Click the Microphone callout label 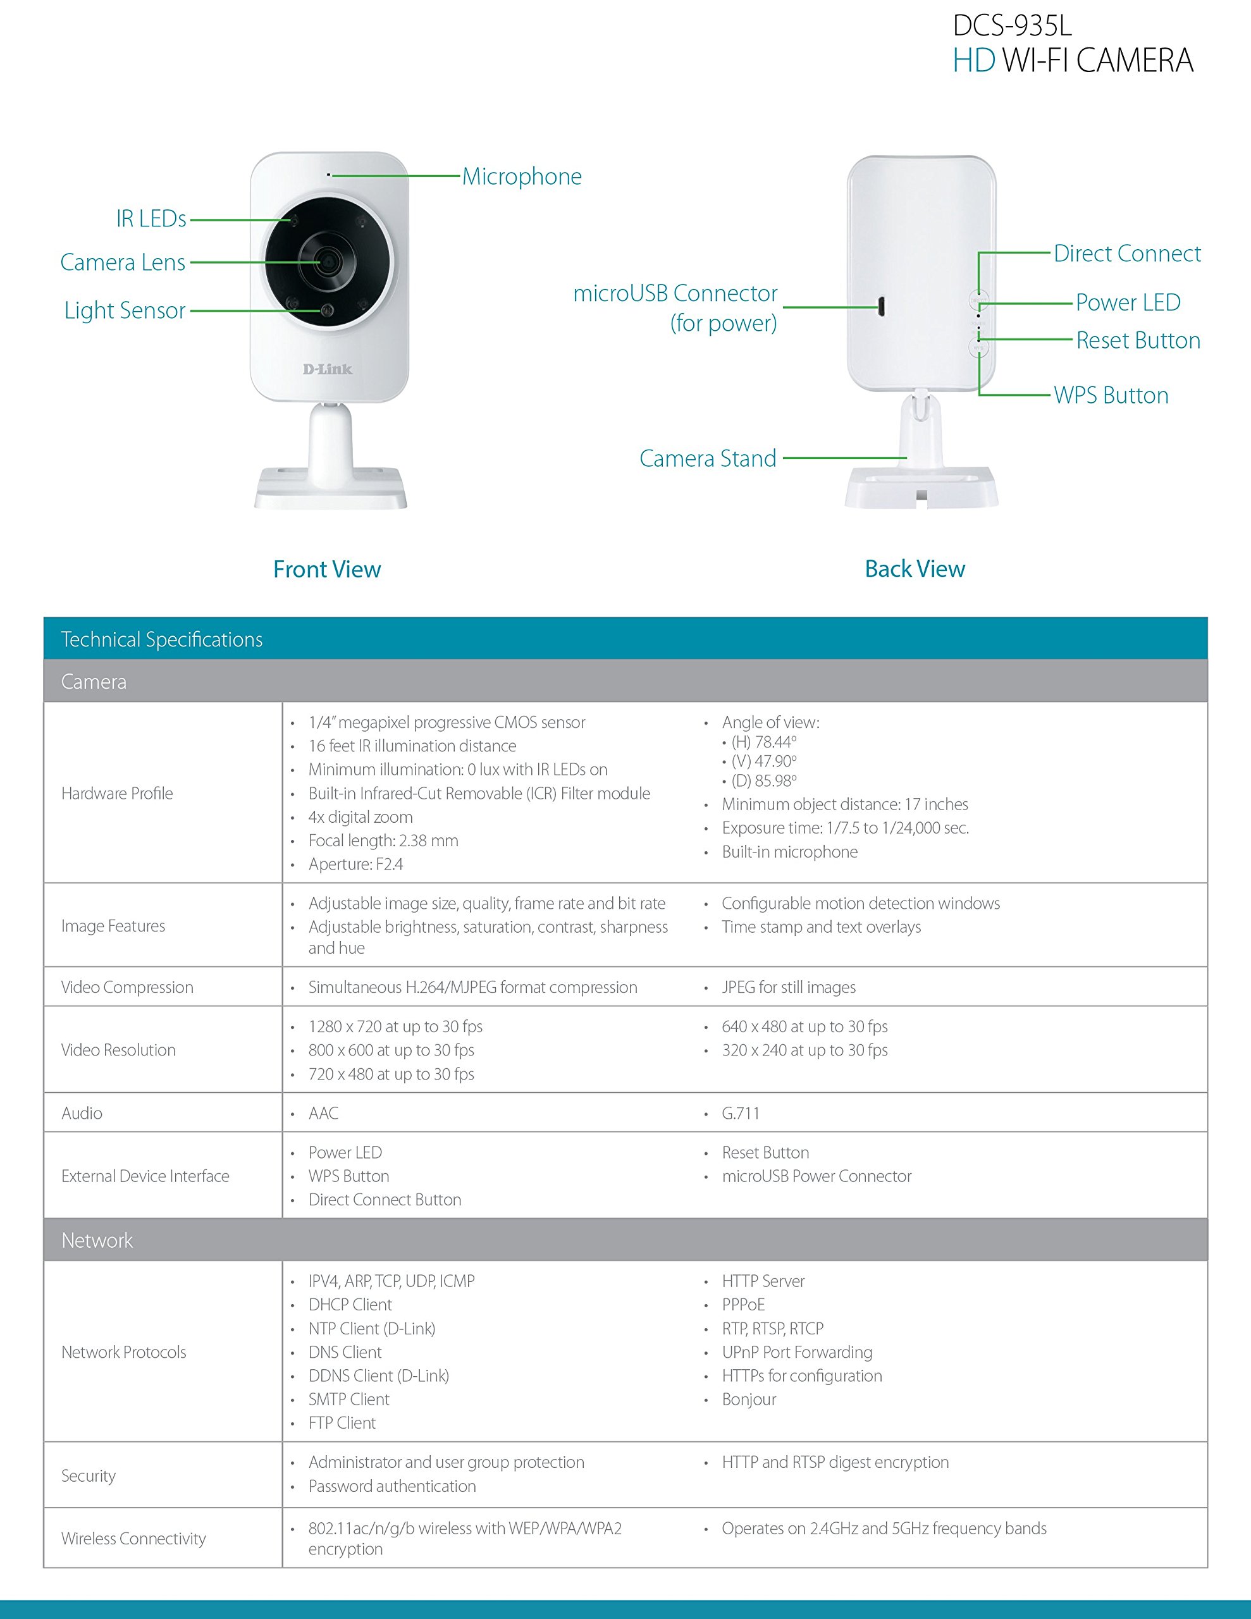[522, 176]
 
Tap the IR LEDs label [151, 219]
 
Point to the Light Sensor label [125, 310]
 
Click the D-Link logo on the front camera [327, 369]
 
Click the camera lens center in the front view [326, 262]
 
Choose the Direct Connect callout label [1127, 254]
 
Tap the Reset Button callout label [1138, 340]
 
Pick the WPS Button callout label [1111, 395]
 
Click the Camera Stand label [708, 458]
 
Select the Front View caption [327, 569]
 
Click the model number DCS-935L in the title [1012, 26]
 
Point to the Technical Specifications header [162, 639]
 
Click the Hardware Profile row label [117, 793]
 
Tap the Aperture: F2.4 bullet [356, 865]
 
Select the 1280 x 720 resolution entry [395, 1026]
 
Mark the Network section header [97, 1240]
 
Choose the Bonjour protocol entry [749, 1399]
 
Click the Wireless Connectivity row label [133, 1538]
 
